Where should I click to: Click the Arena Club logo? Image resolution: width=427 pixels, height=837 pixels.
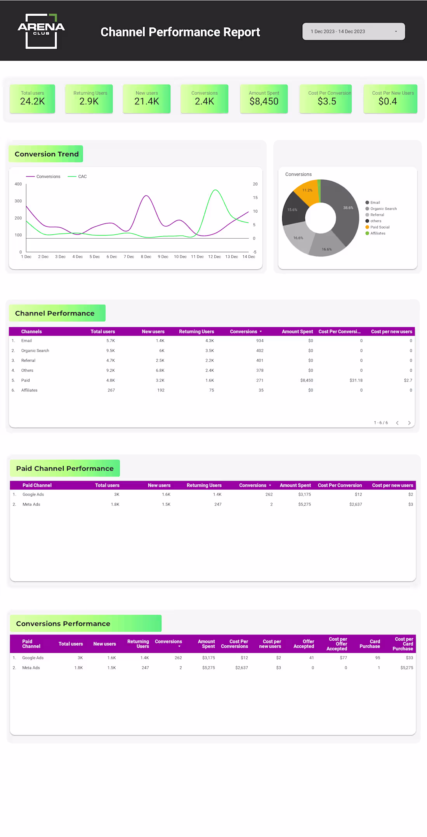point(41,31)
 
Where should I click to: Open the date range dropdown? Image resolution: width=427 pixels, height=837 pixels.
point(353,31)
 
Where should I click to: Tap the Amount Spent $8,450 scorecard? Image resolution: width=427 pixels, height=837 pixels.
point(264,99)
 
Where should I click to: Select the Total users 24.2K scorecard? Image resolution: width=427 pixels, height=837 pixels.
point(32,99)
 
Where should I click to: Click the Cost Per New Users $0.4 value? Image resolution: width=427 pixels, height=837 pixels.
point(387,102)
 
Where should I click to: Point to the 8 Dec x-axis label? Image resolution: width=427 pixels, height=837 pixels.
point(146,257)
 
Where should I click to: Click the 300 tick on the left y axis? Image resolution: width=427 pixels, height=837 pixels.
point(18,201)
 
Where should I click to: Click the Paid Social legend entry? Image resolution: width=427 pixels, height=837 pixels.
point(379,227)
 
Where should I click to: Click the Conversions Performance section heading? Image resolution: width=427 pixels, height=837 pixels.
point(63,624)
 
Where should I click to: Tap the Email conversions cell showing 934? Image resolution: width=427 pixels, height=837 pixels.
point(260,341)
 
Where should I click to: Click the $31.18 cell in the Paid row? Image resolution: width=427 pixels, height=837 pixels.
point(356,380)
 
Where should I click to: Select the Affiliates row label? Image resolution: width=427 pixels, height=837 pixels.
point(30,390)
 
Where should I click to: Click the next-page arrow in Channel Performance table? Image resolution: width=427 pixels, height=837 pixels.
point(409,423)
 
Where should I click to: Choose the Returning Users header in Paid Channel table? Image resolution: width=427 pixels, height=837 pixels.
point(204,485)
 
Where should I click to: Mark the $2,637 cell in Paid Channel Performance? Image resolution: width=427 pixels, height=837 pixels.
point(355,504)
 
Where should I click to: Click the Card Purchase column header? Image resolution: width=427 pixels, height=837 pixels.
point(370,644)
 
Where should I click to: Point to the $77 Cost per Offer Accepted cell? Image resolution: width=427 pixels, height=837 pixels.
point(343,658)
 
